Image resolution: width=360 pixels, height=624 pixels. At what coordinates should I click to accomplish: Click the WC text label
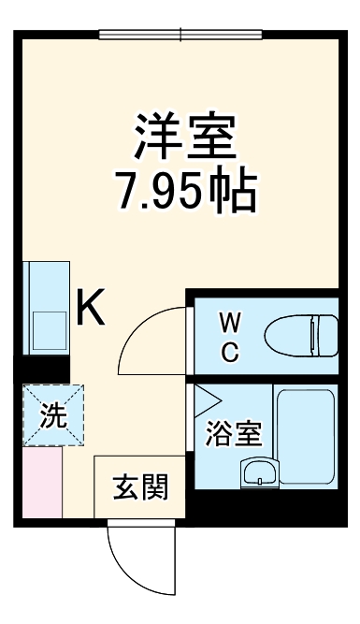point(230,338)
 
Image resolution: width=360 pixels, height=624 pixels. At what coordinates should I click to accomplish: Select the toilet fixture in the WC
point(300,333)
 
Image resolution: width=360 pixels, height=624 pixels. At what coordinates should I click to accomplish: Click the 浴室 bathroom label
point(233,433)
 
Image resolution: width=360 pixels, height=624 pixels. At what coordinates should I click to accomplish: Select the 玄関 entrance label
point(141,487)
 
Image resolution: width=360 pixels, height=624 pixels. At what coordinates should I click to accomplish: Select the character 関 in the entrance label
point(155,487)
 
